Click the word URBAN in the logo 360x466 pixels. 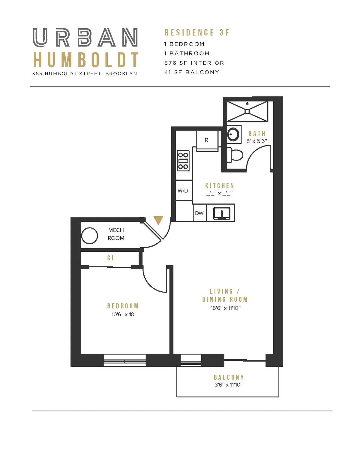tap(85, 38)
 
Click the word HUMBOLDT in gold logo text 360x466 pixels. tap(85, 60)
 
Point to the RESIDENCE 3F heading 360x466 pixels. tap(197, 32)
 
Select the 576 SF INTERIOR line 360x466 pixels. tap(194, 63)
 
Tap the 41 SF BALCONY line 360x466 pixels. tap(192, 72)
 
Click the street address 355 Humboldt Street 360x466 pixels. tap(85, 74)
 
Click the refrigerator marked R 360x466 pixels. tap(206, 140)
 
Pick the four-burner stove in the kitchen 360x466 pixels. tap(183, 161)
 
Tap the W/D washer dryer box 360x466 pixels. tap(183, 191)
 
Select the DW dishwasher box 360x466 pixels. tap(199, 213)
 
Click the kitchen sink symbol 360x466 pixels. tap(222, 213)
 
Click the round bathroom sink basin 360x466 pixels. tap(233, 134)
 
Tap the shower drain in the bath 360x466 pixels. tap(247, 111)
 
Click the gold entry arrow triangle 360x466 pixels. tap(158, 220)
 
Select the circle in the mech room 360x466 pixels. tap(90, 236)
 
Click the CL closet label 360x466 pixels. tap(111, 258)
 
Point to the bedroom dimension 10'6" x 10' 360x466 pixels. tap(123, 314)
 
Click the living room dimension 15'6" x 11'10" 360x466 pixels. tap(225, 308)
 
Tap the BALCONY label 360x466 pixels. tap(229, 377)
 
